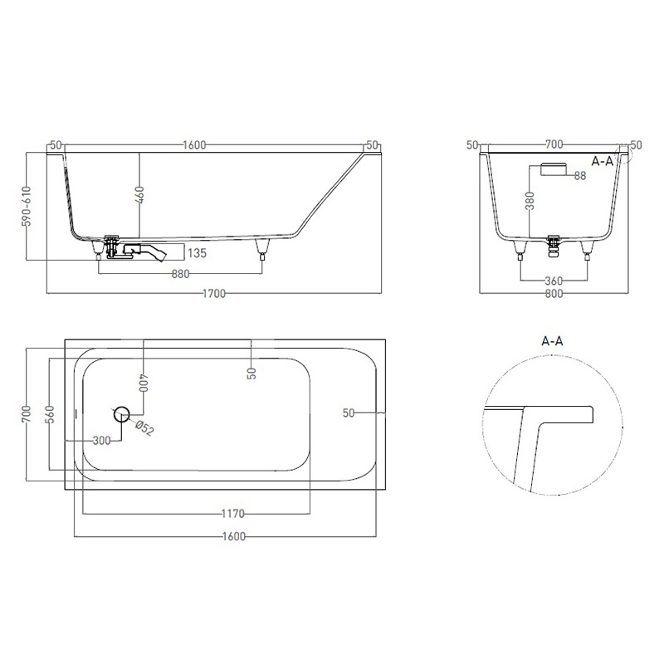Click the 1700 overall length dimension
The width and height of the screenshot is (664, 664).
point(214,294)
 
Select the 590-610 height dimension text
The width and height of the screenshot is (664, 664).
point(27,206)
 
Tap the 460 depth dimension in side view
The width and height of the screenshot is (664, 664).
point(139,195)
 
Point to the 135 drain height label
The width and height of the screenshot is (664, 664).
point(197,253)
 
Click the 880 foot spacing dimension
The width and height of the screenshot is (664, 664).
point(180,275)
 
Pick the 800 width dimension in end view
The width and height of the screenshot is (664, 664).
point(554,294)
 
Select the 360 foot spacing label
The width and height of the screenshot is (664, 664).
point(554,281)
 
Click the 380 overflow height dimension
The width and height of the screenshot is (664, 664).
point(530,200)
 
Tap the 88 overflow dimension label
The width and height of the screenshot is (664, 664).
point(580,175)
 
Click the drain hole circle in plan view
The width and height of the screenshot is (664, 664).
point(121,413)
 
